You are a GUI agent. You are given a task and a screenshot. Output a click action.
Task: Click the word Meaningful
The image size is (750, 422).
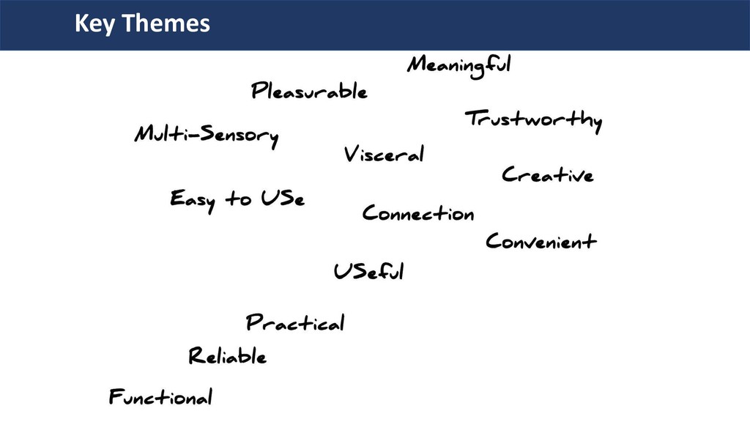tap(458, 65)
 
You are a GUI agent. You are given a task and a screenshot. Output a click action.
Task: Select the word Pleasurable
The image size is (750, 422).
tap(309, 92)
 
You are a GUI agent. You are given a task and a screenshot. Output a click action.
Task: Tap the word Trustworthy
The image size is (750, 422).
tap(533, 119)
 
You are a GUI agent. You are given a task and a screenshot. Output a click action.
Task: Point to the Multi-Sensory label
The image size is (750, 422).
tap(207, 136)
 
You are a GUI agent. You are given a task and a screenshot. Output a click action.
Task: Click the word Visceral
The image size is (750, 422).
tap(384, 155)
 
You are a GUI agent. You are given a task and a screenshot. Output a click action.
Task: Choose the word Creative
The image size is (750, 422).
tap(547, 175)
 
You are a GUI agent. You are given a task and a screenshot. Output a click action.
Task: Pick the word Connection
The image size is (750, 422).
tap(418, 214)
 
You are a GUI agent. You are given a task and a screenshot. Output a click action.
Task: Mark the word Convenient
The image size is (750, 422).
tap(541, 241)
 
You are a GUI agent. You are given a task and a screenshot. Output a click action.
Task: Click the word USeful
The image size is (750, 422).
tap(368, 272)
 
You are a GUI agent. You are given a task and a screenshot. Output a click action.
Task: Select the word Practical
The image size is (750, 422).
tap(295, 322)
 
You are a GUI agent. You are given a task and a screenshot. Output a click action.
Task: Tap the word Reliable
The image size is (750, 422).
tap(228, 357)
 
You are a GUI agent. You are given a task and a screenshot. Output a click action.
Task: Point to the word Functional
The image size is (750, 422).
tap(161, 398)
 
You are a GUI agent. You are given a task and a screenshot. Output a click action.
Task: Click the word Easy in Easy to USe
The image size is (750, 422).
tap(192, 199)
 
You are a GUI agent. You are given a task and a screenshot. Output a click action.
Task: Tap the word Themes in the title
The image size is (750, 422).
tap(166, 24)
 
